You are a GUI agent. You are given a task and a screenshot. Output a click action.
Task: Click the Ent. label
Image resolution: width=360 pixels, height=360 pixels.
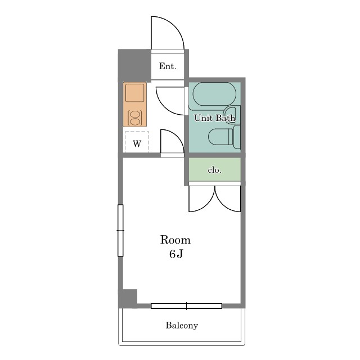tap(168, 66)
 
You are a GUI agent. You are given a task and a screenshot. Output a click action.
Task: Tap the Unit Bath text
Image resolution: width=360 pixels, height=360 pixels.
tap(215, 118)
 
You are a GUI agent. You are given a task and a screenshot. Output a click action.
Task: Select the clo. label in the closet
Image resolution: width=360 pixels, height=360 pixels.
tap(214, 170)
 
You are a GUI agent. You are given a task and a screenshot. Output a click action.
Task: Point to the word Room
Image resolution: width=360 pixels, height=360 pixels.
tap(175, 240)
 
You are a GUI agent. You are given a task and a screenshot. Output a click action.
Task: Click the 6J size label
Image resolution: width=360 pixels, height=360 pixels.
tap(176, 254)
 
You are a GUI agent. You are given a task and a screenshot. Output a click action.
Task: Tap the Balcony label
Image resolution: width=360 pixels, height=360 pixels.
tap(182, 326)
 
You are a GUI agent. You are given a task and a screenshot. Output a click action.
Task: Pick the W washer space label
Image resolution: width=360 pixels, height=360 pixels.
tap(137, 144)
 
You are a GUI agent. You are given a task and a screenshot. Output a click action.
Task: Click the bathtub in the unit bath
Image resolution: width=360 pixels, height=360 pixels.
tap(214, 94)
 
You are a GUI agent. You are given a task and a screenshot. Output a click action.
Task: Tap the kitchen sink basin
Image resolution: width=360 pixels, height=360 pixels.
tap(135, 93)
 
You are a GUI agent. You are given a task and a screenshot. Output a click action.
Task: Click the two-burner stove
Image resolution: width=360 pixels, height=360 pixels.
tap(134, 118)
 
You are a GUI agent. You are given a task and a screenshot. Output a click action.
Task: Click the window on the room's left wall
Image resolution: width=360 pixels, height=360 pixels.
tap(120, 230)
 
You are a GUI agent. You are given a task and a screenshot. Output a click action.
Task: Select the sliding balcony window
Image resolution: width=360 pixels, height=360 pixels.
tap(186, 306)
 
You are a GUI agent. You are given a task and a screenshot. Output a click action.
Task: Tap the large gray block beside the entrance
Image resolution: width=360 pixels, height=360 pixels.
tap(134, 65)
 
